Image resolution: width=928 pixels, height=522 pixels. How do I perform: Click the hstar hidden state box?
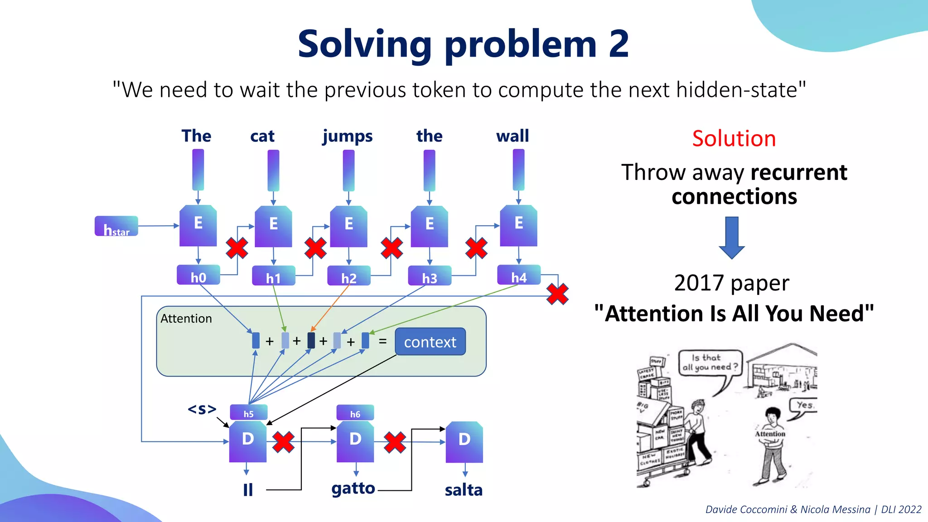pyautogui.click(x=116, y=226)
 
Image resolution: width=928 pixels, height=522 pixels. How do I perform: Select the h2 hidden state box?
pyautogui.click(x=348, y=275)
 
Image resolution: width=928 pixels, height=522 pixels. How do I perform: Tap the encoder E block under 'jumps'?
pyautogui.click(x=348, y=226)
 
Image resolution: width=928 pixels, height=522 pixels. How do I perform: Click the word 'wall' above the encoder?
pyautogui.click(x=512, y=136)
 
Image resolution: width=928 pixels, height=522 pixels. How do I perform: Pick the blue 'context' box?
pyautogui.click(x=430, y=342)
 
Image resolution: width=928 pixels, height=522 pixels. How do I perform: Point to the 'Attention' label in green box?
pyautogui.click(x=186, y=319)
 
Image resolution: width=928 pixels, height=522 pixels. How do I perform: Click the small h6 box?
pyautogui.click(x=355, y=413)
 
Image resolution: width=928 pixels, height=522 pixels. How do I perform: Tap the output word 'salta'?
pyautogui.click(x=464, y=490)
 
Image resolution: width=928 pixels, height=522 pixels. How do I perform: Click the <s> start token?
pyautogui.click(x=202, y=409)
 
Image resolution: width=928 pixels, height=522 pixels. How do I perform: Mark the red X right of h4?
pyautogui.click(x=557, y=294)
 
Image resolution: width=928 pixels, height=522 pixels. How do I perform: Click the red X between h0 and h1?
pyautogui.click(x=237, y=248)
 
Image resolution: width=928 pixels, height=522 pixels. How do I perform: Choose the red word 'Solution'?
pyautogui.click(x=734, y=138)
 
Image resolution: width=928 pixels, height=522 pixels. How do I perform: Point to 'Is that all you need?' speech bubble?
pyautogui.click(x=710, y=362)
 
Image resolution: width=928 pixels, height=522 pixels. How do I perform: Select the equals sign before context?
pyautogui.click(x=382, y=341)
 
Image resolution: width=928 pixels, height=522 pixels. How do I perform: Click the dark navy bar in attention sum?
pyautogui.click(x=311, y=340)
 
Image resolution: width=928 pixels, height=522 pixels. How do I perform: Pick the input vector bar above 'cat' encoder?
pyautogui.click(x=273, y=170)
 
